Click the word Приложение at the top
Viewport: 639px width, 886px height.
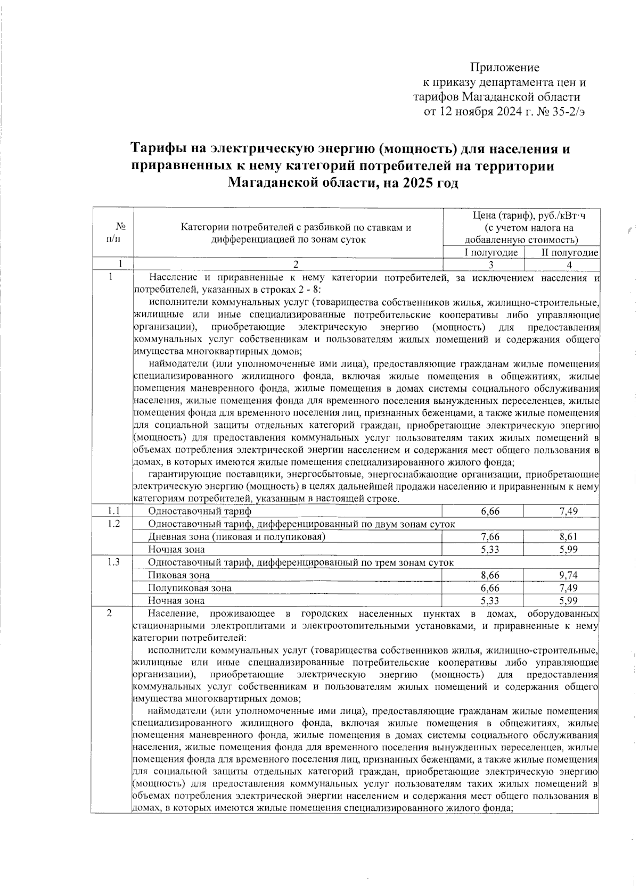pyautogui.click(x=504, y=68)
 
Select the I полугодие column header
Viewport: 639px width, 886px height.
pyautogui.click(x=491, y=252)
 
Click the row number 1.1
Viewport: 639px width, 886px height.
pyautogui.click(x=113, y=511)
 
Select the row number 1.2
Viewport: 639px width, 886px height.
pyautogui.click(x=113, y=524)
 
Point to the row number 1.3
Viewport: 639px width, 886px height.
pyautogui.click(x=113, y=562)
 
